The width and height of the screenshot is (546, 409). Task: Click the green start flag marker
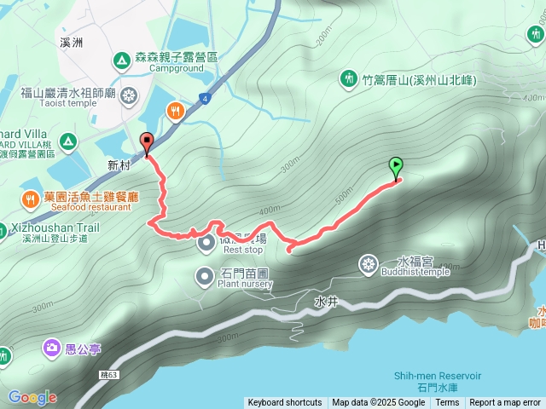point(397,166)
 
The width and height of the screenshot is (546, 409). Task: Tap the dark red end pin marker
point(148,144)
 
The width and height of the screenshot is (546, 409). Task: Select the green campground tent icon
point(121,60)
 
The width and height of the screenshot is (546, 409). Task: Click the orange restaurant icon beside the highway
point(176,110)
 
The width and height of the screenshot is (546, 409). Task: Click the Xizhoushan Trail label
point(55,228)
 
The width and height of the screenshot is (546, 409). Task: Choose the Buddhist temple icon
point(369,264)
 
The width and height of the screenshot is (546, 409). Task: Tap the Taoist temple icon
point(129,94)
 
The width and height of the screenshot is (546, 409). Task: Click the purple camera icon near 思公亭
point(51,348)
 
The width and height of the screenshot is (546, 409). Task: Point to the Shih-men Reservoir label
point(437,376)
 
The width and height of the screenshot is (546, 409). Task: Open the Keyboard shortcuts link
point(285,403)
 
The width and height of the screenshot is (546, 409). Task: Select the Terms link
point(447,403)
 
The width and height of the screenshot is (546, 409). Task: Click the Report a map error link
point(505,403)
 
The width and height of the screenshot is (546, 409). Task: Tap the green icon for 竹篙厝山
point(348,80)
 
